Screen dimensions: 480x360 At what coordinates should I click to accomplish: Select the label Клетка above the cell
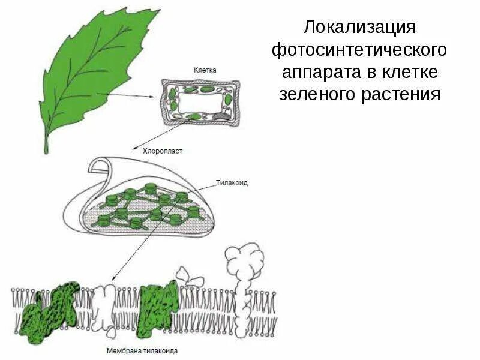tap(205, 70)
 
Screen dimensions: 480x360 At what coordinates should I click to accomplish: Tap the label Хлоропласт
tap(162, 152)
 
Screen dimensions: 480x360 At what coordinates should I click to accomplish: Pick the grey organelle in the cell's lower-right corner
tap(222, 113)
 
